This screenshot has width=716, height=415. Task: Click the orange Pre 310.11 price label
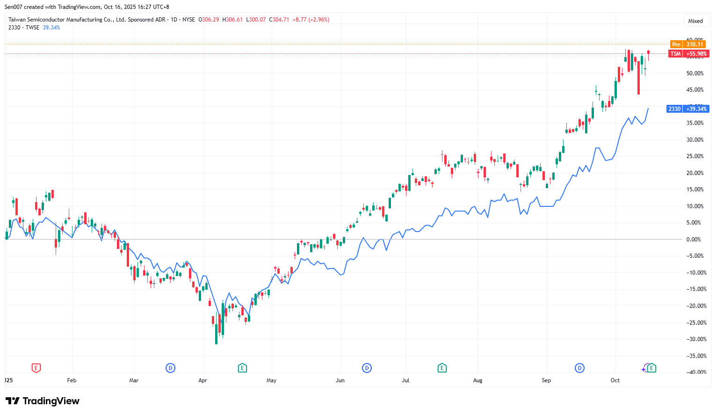(687, 44)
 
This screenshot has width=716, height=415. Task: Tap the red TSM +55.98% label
(688, 54)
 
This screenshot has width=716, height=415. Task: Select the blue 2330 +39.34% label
(687, 109)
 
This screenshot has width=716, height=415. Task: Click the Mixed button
(695, 21)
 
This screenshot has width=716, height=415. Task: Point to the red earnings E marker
(36, 368)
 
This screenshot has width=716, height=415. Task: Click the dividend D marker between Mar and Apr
(170, 368)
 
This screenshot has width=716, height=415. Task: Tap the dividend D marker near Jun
(367, 368)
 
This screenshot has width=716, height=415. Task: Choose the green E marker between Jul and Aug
(442, 368)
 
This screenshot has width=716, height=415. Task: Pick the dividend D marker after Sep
(579, 368)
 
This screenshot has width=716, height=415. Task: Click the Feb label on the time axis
(72, 380)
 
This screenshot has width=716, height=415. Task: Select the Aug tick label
(477, 380)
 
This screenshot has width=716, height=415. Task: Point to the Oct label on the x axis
(615, 380)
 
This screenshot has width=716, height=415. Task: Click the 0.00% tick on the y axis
(694, 240)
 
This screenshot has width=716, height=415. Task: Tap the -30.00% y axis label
(694, 339)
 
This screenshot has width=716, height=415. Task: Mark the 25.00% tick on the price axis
(694, 156)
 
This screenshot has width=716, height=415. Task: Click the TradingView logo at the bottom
(43, 401)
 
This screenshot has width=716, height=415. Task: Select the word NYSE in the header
(188, 20)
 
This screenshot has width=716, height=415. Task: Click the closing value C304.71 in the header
(279, 20)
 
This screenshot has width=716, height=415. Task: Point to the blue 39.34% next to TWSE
(51, 28)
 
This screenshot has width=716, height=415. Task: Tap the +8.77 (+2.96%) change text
(311, 20)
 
